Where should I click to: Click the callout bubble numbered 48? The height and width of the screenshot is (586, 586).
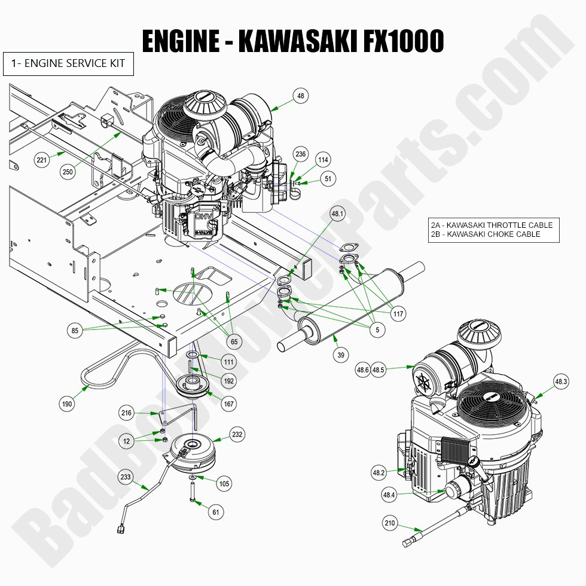300,95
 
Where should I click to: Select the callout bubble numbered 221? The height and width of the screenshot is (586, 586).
41,160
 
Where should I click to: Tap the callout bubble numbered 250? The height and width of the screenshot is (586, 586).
69,172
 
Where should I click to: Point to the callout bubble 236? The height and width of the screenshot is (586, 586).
300,154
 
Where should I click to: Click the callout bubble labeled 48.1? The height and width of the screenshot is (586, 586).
338,213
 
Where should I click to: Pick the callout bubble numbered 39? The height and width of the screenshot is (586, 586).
341,355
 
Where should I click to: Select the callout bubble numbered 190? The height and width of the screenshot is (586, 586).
67,405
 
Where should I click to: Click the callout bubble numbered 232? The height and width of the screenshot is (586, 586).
237,435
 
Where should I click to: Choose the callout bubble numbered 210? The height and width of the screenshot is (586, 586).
390,523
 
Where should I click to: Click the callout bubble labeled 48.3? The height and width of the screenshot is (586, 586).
561,381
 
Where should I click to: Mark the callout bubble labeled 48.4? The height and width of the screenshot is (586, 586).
389,495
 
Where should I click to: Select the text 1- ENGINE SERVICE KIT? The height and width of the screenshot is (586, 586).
68,63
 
